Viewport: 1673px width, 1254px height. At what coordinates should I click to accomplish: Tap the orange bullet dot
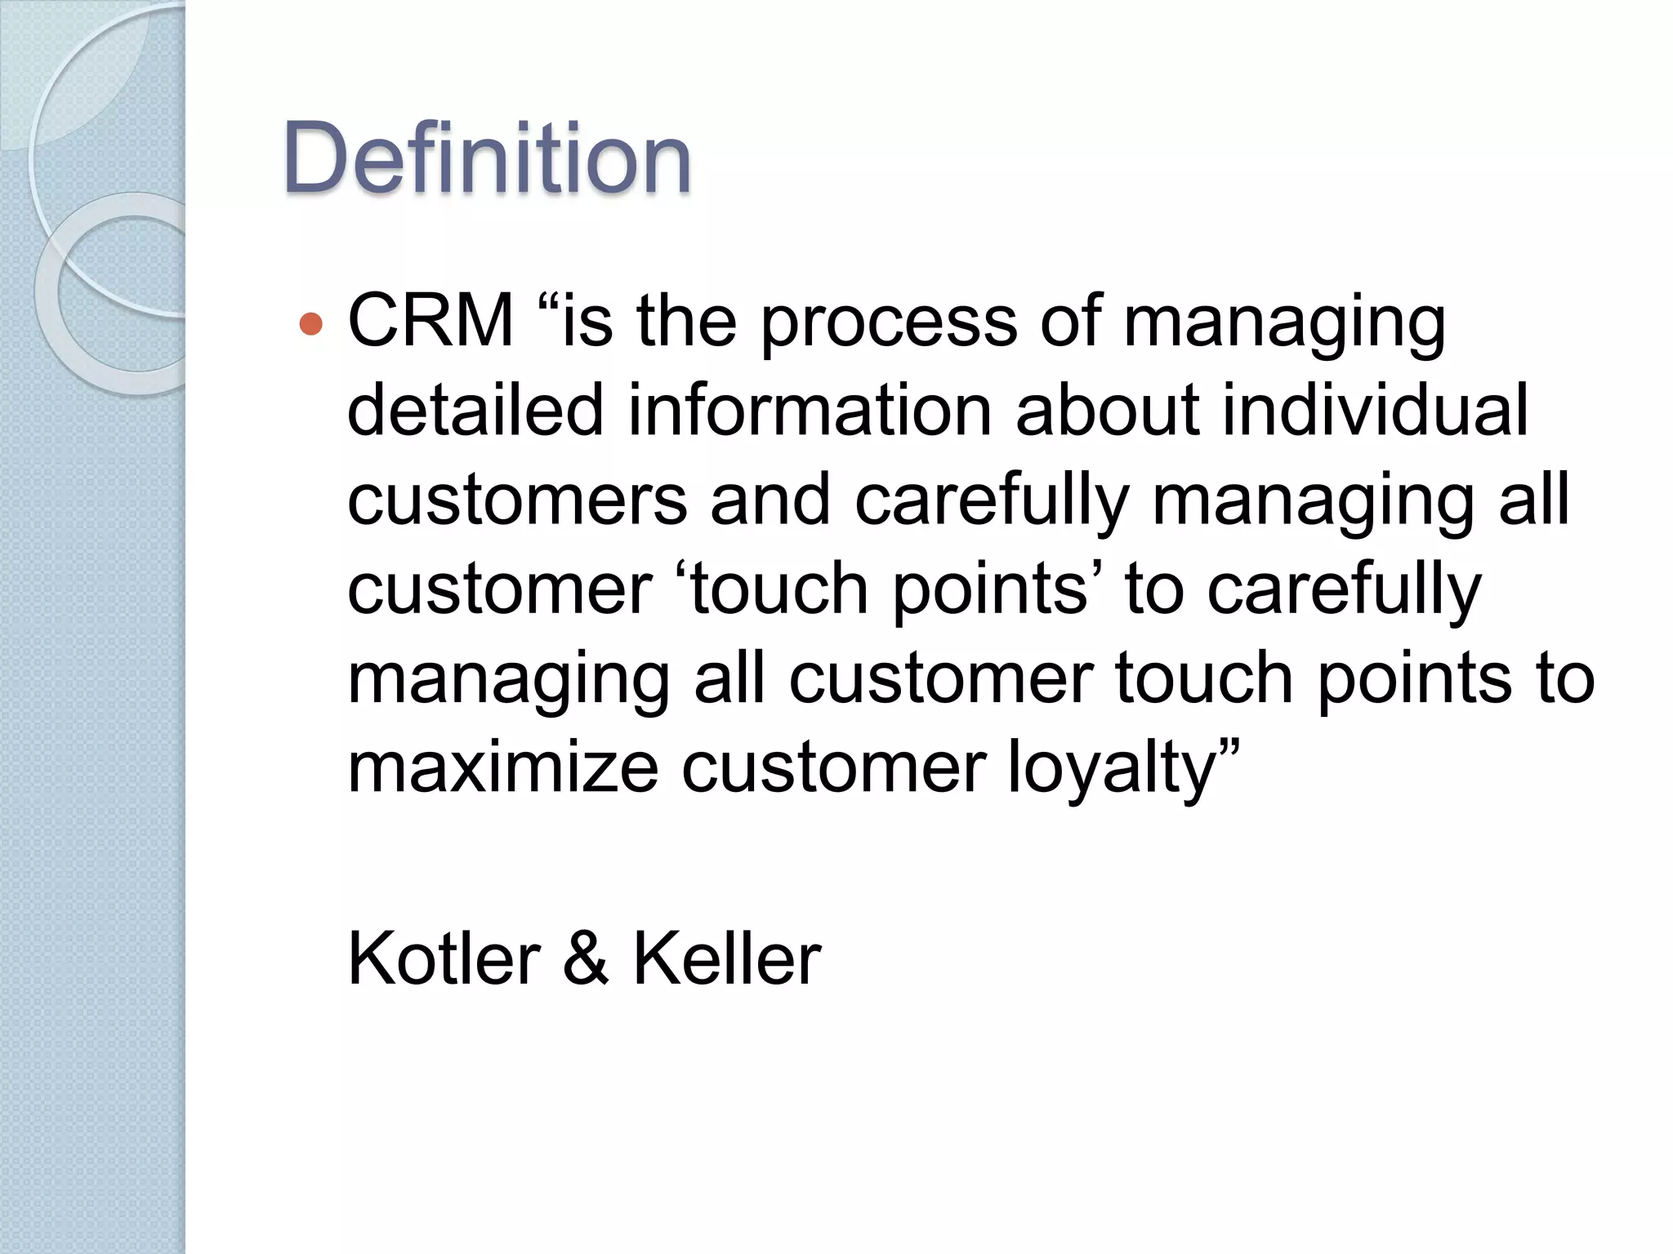[x=311, y=324]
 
